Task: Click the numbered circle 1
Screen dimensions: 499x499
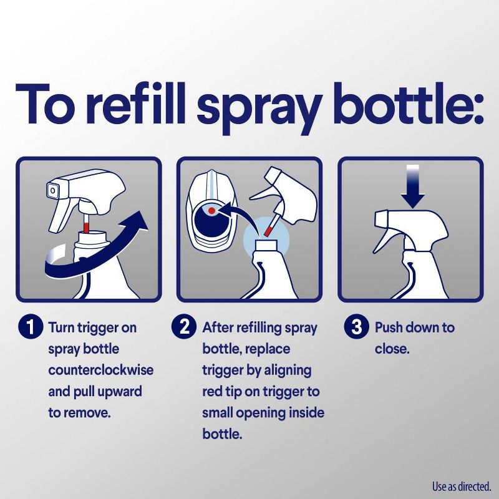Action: pos(28,328)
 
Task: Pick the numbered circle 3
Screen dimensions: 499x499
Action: pos(357,328)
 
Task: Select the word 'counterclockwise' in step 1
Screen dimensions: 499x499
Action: pos(100,370)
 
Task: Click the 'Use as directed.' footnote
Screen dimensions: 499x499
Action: pos(462,484)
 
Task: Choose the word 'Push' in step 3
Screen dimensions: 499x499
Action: pos(390,327)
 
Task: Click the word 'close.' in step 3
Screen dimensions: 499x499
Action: pos(392,349)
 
